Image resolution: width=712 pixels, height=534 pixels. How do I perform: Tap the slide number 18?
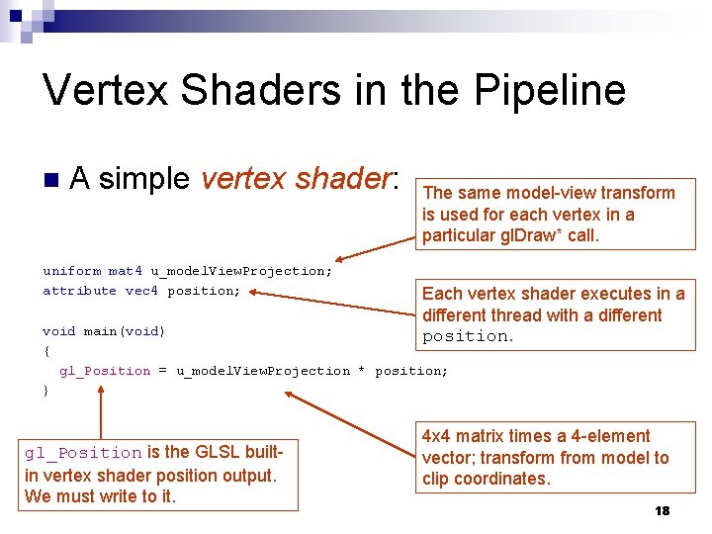pos(662,510)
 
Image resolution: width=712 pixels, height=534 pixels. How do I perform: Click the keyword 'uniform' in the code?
pos(71,271)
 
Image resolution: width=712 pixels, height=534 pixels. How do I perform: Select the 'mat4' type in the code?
pos(125,271)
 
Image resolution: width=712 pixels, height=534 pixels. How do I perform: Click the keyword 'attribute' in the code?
pos(79,291)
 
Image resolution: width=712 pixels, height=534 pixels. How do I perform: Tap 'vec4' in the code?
pos(141,291)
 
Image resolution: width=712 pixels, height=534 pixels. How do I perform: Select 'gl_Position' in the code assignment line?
pos(105,371)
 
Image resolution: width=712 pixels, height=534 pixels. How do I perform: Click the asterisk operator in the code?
pos(362,372)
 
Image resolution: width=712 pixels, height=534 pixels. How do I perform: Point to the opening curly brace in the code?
pos(46,351)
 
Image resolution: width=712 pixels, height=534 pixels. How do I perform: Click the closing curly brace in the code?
pos(46,391)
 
